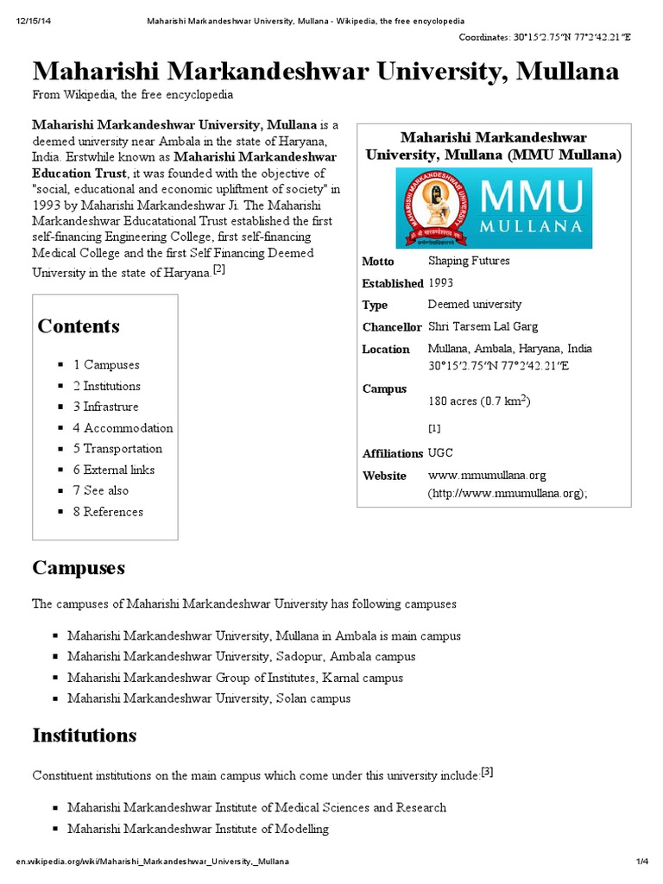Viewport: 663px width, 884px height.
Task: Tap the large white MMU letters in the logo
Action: coord(529,197)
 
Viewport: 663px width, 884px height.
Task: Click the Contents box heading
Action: coord(79,326)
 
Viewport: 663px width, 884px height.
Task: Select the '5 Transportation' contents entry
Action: coord(117,449)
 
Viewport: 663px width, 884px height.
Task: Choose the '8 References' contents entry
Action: coord(108,512)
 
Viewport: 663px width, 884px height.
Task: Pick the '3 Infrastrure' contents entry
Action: coord(105,407)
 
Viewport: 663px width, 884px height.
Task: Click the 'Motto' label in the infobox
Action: coord(378,262)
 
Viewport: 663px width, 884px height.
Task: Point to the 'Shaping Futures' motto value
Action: coord(469,261)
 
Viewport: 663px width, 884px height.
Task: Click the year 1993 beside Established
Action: coord(442,282)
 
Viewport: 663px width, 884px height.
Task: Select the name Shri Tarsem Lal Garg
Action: coord(483,326)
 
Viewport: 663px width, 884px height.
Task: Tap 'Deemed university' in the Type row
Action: coord(475,304)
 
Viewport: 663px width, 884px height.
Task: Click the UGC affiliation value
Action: coord(440,452)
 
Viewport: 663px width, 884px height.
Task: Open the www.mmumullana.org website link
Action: coord(487,475)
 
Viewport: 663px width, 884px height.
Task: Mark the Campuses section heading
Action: coord(79,567)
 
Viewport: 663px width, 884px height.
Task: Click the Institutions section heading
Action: coord(85,736)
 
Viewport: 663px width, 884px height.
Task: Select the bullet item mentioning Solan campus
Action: coord(209,698)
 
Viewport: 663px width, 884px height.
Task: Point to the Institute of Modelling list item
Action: coord(198,829)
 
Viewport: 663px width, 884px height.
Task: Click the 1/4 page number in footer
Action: coord(641,862)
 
